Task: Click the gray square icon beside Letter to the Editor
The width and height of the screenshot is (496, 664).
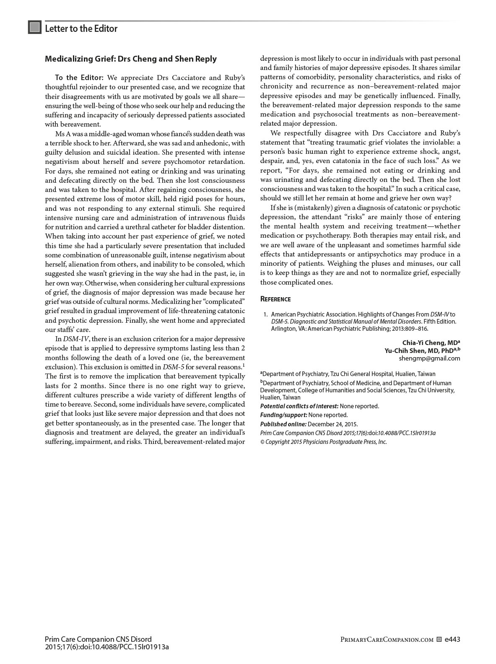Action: pos(35,28)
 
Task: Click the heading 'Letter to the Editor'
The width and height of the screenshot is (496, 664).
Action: pos(81,29)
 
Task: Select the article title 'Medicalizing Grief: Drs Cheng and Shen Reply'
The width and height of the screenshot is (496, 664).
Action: pos(131,59)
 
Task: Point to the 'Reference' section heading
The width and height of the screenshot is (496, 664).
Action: pos(275,299)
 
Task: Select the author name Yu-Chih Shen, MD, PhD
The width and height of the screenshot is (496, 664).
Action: pos(421,350)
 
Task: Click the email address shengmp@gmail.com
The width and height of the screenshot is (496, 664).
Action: pos(429,358)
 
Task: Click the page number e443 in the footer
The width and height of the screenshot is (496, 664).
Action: pos(453,640)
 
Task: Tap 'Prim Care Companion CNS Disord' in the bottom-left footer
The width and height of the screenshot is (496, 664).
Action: pos(98,640)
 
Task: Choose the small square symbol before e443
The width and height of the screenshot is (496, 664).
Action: pos(439,640)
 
